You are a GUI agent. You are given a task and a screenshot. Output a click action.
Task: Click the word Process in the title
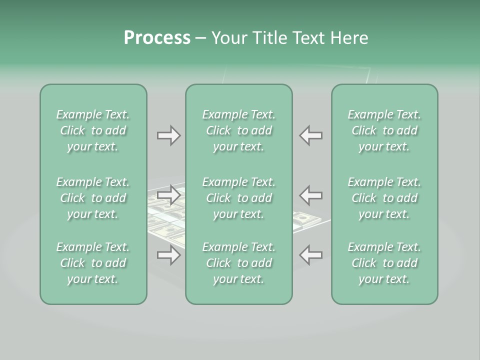(x=157, y=38)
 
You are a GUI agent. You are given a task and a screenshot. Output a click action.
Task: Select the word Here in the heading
(x=349, y=38)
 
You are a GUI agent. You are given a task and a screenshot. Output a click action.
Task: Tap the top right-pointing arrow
(x=168, y=135)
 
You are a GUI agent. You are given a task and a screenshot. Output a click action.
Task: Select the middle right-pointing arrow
(x=168, y=195)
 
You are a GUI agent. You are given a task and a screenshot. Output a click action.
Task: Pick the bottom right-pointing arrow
(x=168, y=255)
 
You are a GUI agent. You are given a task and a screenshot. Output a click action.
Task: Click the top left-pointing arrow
(x=311, y=135)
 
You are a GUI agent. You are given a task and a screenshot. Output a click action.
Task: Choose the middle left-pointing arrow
(x=311, y=195)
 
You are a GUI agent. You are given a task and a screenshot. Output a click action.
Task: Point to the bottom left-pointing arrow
(x=311, y=255)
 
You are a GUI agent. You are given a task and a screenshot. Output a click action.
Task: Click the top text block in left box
(x=93, y=130)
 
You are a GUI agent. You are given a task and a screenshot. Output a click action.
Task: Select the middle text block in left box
(x=93, y=198)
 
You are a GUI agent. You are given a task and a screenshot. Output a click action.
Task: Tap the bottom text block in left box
(x=93, y=263)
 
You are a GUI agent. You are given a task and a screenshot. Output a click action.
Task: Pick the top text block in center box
(x=238, y=130)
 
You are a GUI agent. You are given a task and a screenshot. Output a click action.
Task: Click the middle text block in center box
(x=238, y=198)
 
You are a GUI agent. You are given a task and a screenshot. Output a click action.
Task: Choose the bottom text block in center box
(x=238, y=263)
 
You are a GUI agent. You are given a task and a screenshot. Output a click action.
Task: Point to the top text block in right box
(x=384, y=130)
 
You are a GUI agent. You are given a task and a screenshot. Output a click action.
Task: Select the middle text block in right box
(x=384, y=198)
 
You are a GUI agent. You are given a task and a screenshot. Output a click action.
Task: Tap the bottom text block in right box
(x=384, y=263)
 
